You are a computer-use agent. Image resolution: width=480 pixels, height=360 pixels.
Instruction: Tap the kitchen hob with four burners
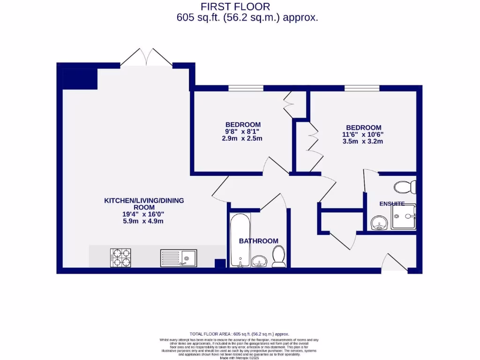tap(120, 257)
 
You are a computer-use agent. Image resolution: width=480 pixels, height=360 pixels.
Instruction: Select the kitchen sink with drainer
tap(179, 257)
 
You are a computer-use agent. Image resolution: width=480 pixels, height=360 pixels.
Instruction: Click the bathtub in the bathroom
tap(240, 240)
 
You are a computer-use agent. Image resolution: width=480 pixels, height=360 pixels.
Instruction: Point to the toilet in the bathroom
tap(279, 257)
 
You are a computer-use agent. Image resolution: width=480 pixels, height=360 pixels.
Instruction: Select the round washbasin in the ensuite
tap(377, 223)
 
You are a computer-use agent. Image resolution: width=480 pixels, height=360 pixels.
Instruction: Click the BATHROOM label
tap(258, 241)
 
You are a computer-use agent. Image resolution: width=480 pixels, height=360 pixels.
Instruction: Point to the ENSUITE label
tap(392, 204)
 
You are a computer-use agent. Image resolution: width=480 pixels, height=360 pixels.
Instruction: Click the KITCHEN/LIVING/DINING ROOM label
tap(143, 204)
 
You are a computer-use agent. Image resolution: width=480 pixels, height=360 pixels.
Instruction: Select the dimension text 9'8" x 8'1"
tap(242, 132)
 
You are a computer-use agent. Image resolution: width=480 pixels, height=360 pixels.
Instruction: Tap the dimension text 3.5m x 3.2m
tap(363, 141)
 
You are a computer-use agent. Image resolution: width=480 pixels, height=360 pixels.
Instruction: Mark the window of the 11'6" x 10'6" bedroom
tap(362, 88)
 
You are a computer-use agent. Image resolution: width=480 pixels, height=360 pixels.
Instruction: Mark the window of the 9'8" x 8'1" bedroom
tap(246, 88)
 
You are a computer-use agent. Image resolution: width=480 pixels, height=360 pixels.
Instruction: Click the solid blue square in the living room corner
tap(79, 79)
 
